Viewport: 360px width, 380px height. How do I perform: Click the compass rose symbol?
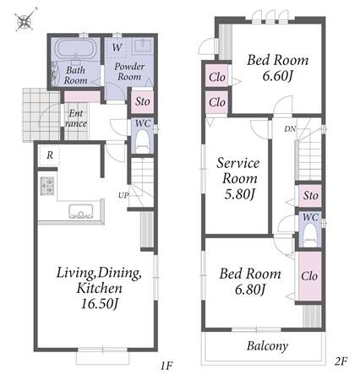click(25, 19)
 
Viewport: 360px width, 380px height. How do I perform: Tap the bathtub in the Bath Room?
click(77, 49)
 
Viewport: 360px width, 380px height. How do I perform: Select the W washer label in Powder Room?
click(117, 47)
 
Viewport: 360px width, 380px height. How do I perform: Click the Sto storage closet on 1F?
click(143, 101)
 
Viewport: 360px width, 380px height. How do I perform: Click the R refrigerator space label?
click(50, 155)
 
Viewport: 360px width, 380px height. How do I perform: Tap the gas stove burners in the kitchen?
click(47, 186)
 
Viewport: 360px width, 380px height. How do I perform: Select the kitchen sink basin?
click(81, 211)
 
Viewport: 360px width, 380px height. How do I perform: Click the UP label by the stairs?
click(123, 195)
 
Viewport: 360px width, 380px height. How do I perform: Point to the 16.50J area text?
click(99, 303)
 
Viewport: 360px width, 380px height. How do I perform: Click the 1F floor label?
click(166, 366)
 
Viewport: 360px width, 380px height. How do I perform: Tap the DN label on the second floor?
click(290, 129)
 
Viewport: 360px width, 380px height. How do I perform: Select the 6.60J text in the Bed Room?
click(276, 76)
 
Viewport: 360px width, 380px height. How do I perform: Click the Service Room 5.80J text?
click(239, 178)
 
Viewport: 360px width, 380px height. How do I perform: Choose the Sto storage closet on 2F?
click(310, 195)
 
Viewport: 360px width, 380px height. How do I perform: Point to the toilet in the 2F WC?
click(310, 235)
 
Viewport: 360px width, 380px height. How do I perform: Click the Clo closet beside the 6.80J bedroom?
click(309, 276)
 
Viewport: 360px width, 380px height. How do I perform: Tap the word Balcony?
click(267, 346)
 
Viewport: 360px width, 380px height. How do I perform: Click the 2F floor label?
click(341, 361)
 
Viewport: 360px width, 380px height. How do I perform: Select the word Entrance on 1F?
click(76, 118)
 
